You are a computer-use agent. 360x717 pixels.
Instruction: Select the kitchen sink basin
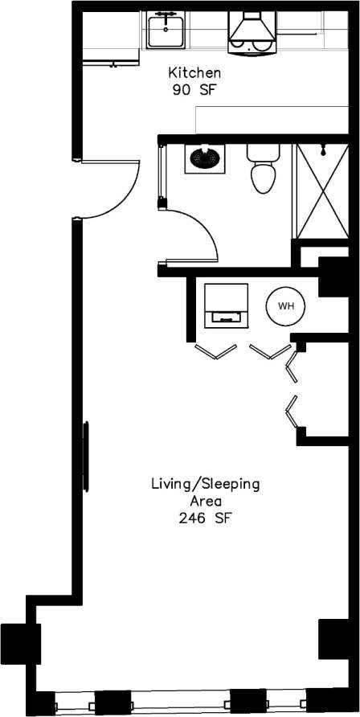166,31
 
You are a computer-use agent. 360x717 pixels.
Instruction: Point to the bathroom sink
205,158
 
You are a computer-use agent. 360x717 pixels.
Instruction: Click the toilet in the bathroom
262,171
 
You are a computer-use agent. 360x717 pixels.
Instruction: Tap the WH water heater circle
285,306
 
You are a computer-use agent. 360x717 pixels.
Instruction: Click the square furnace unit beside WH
226,305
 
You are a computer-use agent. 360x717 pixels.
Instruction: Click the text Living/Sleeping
205,484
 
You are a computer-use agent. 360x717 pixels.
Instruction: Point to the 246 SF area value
205,518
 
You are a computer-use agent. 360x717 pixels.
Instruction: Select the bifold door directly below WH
269,352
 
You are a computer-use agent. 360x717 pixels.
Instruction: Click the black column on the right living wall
332,639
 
